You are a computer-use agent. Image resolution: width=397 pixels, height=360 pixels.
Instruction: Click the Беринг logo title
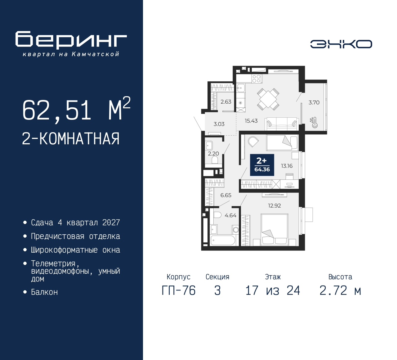[71, 40]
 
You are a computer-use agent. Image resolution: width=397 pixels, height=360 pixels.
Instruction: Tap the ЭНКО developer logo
[341, 44]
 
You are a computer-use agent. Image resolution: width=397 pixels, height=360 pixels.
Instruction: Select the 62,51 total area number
[57, 110]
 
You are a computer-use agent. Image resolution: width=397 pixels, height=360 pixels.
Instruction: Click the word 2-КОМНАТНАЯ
[71, 138]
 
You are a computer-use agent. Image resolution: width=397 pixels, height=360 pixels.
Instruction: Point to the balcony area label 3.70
[314, 102]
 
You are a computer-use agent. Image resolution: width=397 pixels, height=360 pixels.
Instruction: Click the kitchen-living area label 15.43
[251, 121]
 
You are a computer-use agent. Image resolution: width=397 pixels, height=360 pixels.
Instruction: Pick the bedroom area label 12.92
[274, 205]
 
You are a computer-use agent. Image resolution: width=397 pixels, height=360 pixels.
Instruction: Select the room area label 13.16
[287, 166]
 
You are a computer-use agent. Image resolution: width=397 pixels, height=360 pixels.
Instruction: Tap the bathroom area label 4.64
[230, 215]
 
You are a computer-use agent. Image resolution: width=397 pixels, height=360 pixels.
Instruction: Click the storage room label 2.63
[226, 101]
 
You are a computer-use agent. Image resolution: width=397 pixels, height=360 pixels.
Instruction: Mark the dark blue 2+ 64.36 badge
[262, 165]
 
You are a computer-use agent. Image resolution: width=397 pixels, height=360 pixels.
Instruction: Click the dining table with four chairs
[268, 99]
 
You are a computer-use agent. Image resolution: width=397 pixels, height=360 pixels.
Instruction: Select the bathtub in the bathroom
[223, 240]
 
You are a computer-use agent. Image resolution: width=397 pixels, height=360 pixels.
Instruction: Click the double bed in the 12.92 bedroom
[274, 229]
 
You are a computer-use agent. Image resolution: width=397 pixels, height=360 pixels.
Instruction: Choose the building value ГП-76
[179, 290]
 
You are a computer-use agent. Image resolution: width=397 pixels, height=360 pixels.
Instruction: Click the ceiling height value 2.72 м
[340, 290]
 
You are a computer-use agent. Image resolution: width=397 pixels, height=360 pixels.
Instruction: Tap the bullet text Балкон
[44, 292]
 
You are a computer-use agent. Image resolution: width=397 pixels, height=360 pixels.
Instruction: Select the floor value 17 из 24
[273, 290]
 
